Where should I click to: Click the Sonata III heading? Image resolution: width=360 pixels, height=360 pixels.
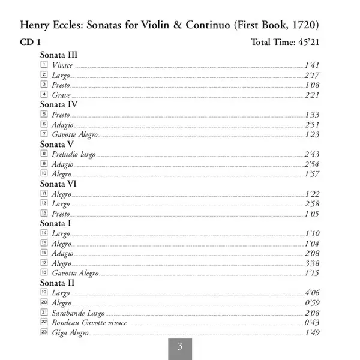click(59, 55)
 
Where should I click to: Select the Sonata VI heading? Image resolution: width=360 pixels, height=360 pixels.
click(58, 184)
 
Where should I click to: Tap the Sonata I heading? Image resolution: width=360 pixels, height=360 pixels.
click(55, 223)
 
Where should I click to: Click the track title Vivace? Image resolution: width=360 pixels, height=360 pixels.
click(62, 65)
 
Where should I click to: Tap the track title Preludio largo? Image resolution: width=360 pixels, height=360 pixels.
click(74, 154)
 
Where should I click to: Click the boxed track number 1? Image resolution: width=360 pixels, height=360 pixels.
click(44, 64)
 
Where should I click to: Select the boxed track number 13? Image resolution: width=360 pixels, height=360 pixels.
click(44, 212)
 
